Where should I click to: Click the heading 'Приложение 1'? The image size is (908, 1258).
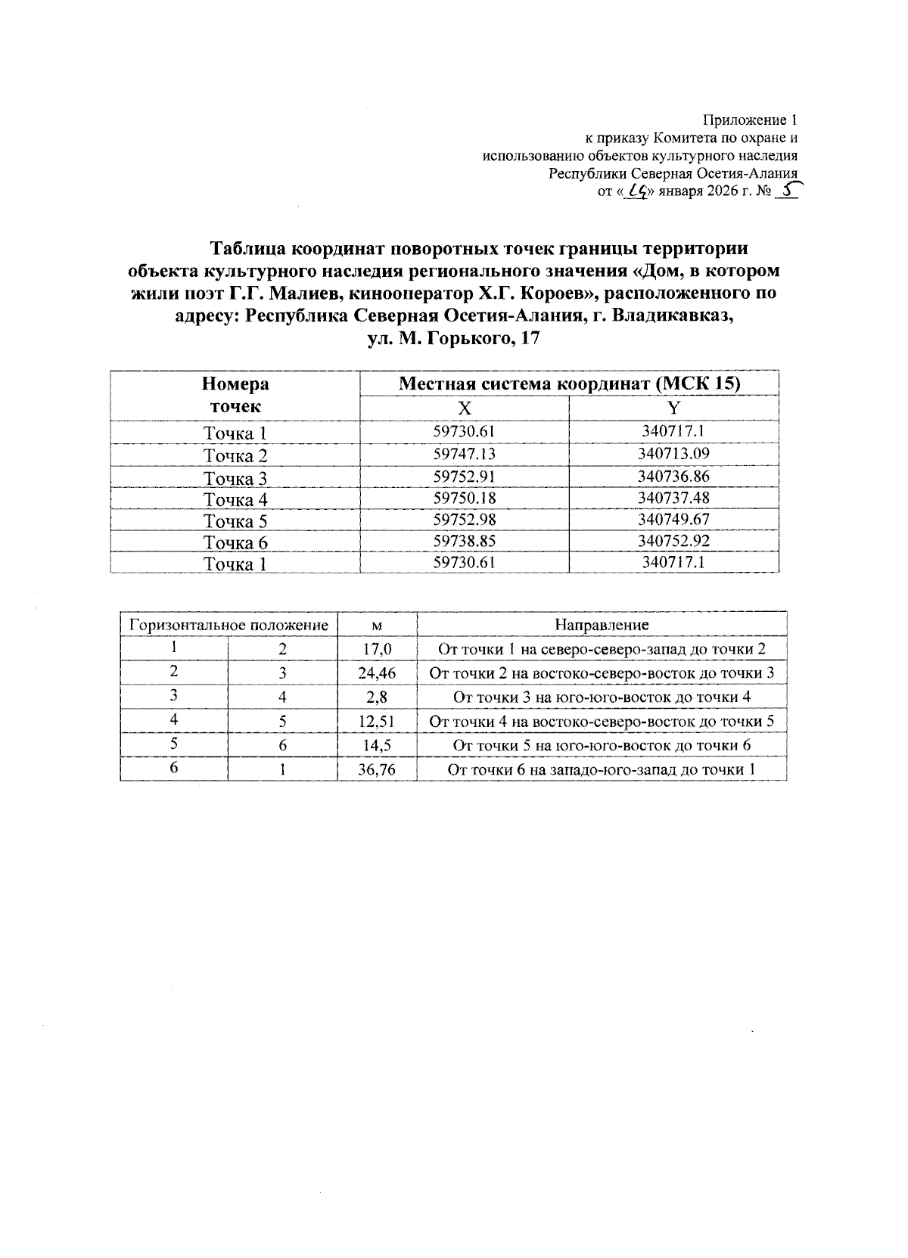pos(750,120)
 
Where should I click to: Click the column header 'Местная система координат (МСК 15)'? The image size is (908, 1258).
pos(569,384)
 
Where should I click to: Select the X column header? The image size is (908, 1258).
pos(464,408)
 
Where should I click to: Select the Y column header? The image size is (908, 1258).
pos(673,408)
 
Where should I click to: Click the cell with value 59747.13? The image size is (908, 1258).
pos(464,454)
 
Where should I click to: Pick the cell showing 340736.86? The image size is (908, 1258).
pos(673,476)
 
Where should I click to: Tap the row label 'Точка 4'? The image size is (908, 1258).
pos(235,499)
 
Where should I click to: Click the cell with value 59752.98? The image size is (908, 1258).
pos(464,519)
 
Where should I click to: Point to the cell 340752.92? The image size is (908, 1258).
pos(673,541)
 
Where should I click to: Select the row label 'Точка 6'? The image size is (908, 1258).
pos(235,542)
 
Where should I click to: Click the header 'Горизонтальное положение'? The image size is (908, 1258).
pos(229,625)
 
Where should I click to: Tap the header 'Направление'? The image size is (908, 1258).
pos(602,625)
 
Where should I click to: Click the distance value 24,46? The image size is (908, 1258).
pos(377,673)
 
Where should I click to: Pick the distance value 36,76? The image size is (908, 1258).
pos(377,770)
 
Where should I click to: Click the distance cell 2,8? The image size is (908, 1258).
pos(377,697)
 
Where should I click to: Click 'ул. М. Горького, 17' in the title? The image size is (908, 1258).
pos(453,339)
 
